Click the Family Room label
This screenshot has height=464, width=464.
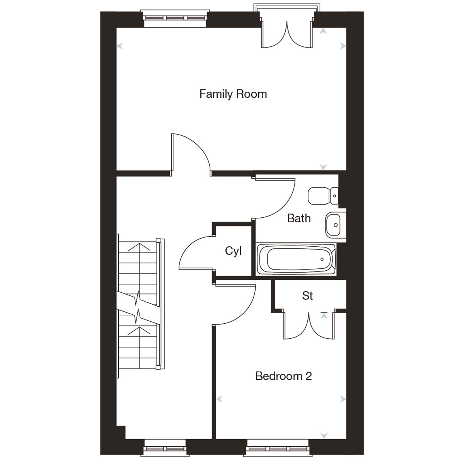233,94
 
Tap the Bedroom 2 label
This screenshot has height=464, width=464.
283,376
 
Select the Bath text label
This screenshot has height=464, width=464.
299,218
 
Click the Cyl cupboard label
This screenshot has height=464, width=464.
233,251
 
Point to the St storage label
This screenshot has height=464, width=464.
307,296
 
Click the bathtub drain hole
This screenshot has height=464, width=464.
321,259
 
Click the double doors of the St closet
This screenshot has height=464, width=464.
309,325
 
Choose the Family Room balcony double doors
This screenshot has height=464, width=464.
287,35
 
